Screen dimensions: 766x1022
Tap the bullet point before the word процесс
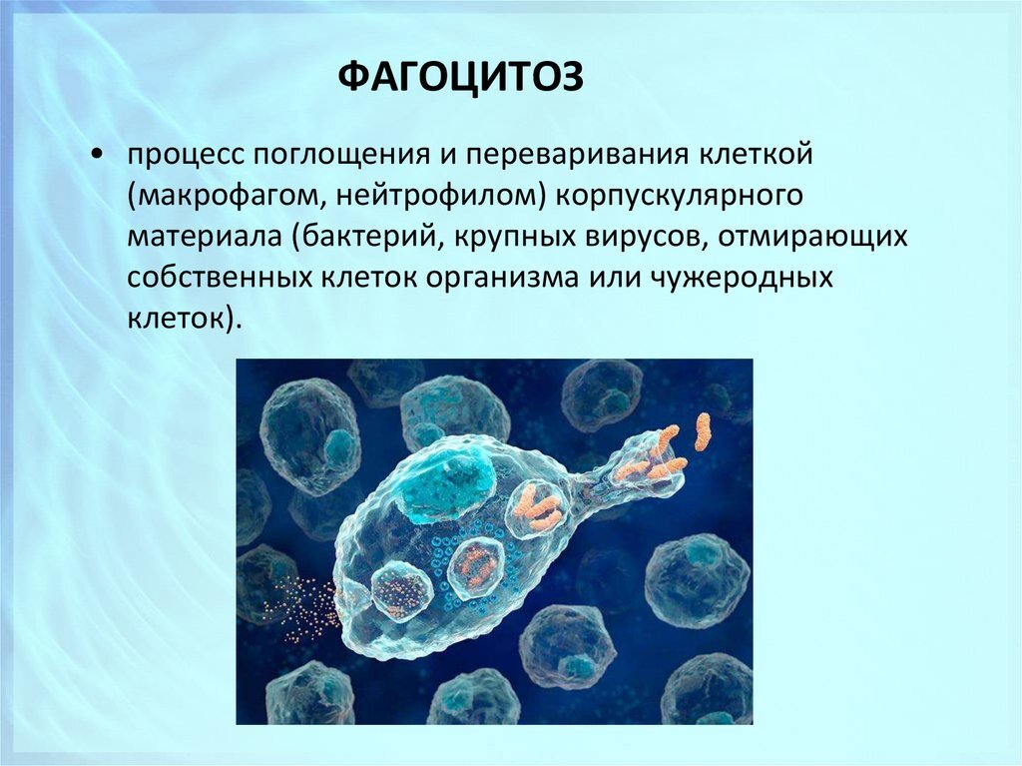95,156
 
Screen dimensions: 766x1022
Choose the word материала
205,239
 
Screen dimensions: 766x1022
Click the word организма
483,279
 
